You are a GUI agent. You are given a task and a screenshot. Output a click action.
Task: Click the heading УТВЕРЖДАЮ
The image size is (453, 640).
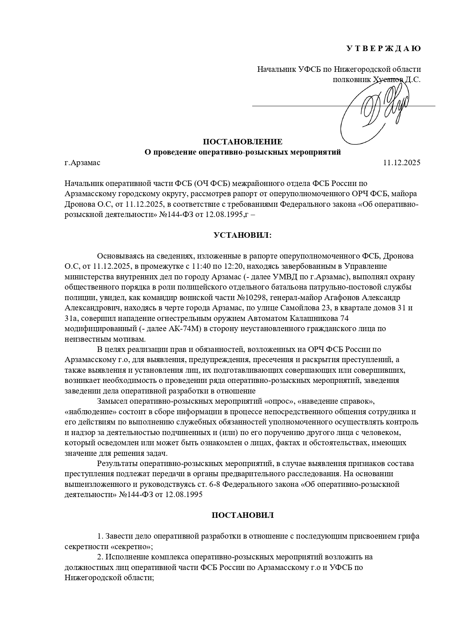383,49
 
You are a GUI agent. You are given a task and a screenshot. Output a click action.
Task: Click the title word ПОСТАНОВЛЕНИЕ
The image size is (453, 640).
242,142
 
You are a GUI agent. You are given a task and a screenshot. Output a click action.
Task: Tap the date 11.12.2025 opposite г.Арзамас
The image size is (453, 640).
402,163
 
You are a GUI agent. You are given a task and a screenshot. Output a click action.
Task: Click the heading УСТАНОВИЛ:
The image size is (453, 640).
242,235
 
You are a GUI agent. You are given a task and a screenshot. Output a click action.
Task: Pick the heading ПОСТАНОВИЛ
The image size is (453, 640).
242,515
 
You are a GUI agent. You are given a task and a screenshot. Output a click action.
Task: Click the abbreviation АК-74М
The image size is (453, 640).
185,329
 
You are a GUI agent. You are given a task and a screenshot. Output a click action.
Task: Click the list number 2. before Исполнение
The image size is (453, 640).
100,557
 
